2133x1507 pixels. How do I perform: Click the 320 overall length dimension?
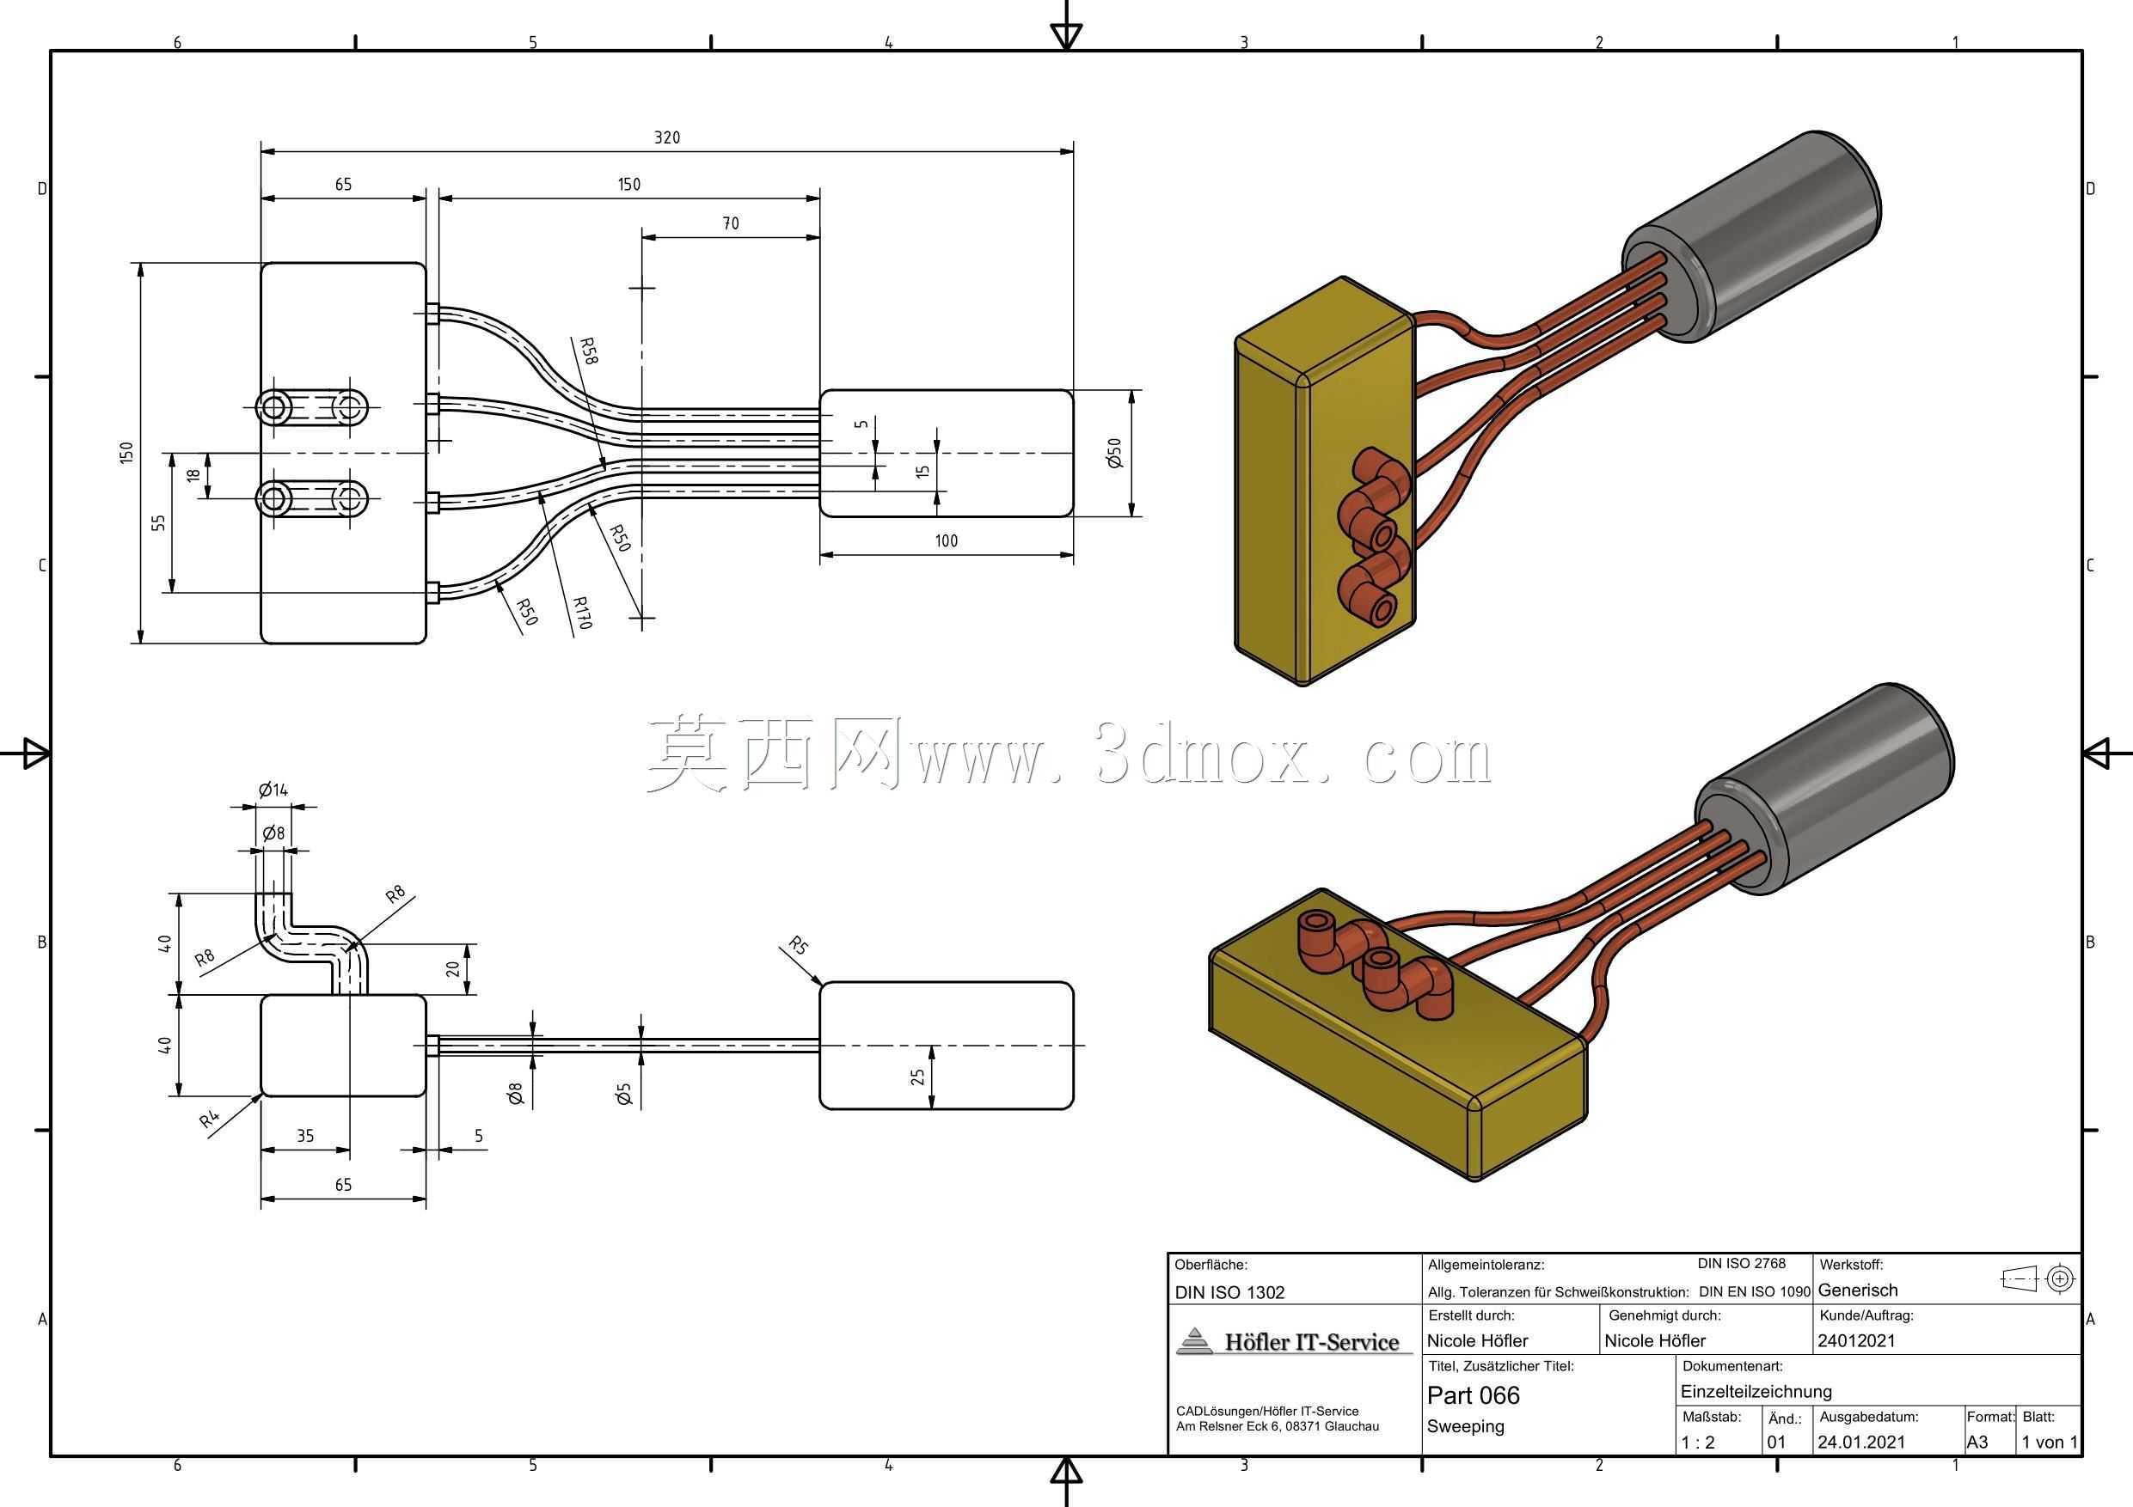pyautogui.click(x=667, y=137)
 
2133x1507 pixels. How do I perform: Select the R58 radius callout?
pyautogui.click(x=588, y=350)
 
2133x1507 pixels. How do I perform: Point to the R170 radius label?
pyautogui.click(x=581, y=613)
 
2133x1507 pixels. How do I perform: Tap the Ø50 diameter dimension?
pyautogui.click(x=1115, y=453)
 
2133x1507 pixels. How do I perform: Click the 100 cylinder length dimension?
pyautogui.click(x=946, y=540)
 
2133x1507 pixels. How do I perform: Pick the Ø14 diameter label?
pyautogui.click(x=273, y=790)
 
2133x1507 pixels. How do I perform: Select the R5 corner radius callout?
pyautogui.click(x=798, y=946)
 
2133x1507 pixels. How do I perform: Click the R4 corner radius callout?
pyautogui.click(x=210, y=1120)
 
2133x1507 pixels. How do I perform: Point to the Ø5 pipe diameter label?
pyautogui.click(x=623, y=1094)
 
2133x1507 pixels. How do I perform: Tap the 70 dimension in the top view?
pyautogui.click(x=730, y=223)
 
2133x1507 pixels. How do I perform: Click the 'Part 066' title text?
pyautogui.click(x=1474, y=1395)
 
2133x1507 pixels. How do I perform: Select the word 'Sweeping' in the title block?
pyautogui.click(x=1465, y=1426)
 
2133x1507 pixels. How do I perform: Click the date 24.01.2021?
pyautogui.click(x=1860, y=1442)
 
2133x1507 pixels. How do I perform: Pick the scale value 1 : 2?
pyautogui.click(x=1698, y=1442)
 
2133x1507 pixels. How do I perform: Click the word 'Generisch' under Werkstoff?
pyautogui.click(x=1857, y=1290)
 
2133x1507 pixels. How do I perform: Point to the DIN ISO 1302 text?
pyautogui.click(x=1229, y=1291)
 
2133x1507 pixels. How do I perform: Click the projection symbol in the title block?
pyautogui.click(x=2039, y=1278)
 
